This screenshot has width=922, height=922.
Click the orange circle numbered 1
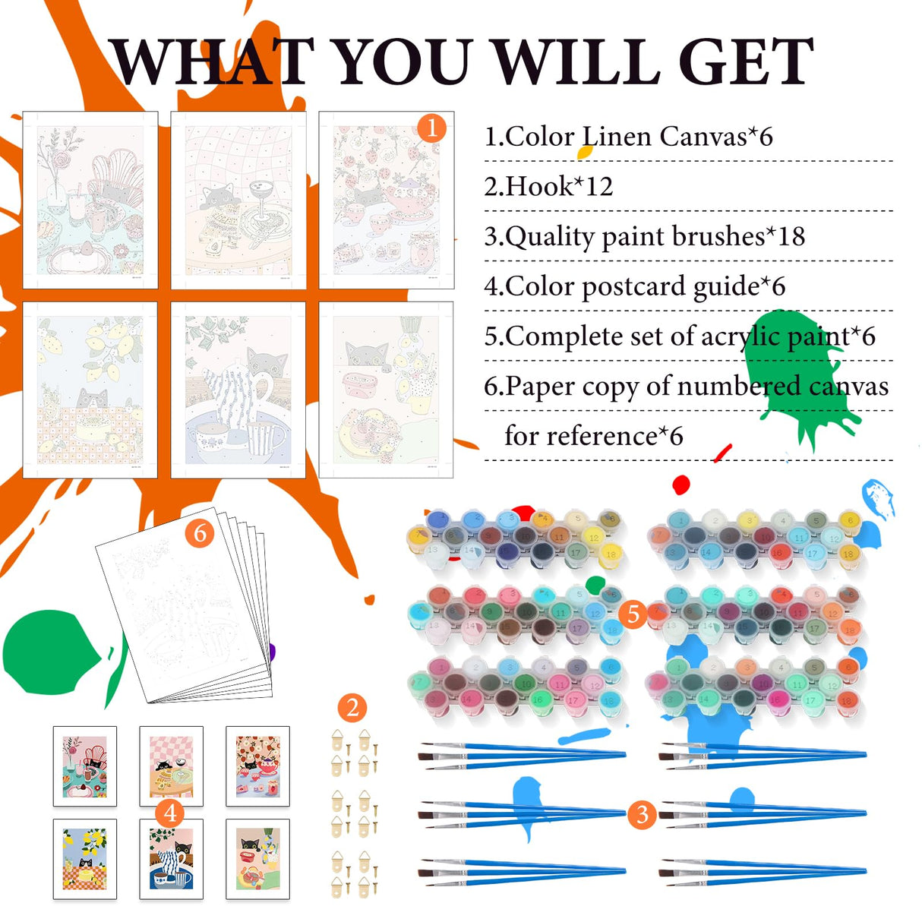pyautogui.click(x=431, y=128)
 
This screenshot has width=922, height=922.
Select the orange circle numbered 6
pyautogui.click(x=200, y=532)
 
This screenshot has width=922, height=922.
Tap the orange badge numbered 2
pyautogui.click(x=352, y=708)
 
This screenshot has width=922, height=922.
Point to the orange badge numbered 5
pyautogui.click(x=633, y=614)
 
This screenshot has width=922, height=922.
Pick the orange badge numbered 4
pyautogui.click(x=170, y=813)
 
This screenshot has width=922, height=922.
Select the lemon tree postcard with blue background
pyautogui.click(x=85, y=858)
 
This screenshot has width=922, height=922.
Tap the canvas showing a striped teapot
pyautogui.click(x=238, y=390)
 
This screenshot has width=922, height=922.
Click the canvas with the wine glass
pyautogui.click(x=238, y=200)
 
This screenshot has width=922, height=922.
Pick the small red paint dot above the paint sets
pyautogui.click(x=680, y=485)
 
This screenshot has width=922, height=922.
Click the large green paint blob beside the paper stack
pyautogui.click(x=50, y=652)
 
